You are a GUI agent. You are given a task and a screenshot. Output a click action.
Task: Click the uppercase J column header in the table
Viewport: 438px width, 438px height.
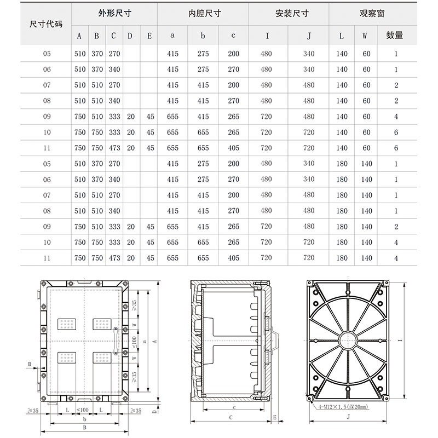[x=309, y=36]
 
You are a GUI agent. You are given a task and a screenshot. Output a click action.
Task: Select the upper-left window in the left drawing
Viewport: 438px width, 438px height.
[x=68, y=325]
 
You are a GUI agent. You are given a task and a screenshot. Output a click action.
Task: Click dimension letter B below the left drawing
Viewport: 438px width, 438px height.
[x=84, y=427]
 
